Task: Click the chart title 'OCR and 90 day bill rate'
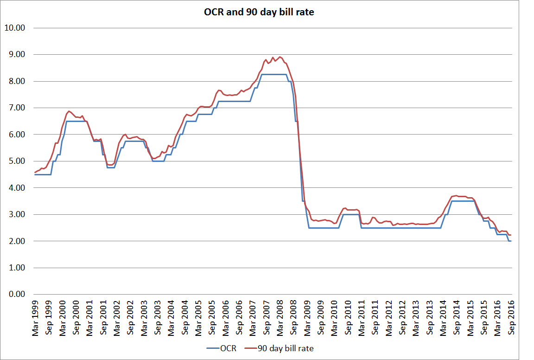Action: tap(259, 13)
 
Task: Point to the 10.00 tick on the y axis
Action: tap(14, 28)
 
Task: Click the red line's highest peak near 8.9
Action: tap(280, 57)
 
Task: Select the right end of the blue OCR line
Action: tap(511, 241)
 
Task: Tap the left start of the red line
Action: tap(35, 173)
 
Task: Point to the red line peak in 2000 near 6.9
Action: tap(69, 111)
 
